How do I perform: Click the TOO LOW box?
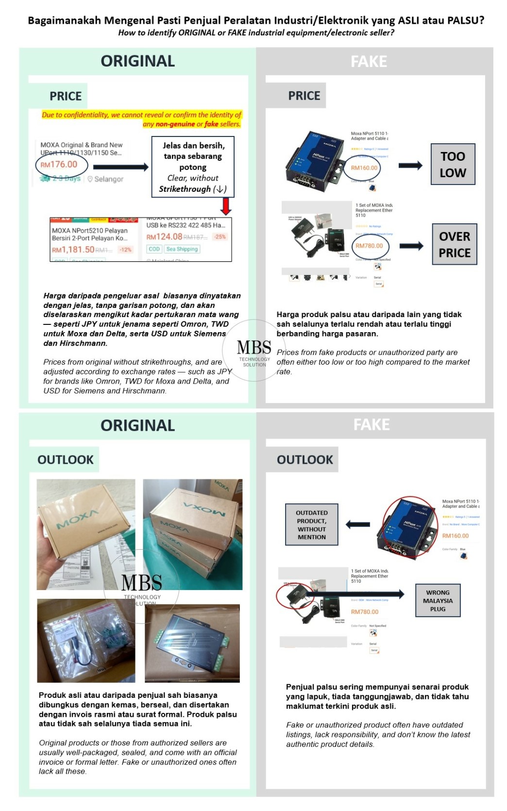tap(453, 164)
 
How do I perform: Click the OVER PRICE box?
tap(455, 244)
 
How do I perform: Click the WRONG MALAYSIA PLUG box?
tap(438, 600)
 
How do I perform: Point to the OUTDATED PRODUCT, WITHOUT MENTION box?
tap(311, 524)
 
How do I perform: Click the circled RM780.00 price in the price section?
tap(369, 246)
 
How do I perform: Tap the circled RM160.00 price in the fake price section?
tap(364, 168)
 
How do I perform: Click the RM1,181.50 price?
tap(73, 249)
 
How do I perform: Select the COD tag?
tap(154, 249)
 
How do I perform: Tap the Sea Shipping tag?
tap(182, 249)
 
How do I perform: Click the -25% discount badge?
tap(220, 237)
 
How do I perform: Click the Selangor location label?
tap(108, 179)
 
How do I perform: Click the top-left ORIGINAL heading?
tap(137, 61)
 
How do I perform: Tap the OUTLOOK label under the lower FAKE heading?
tap(304, 459)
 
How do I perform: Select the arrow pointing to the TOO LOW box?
tap(410, 165)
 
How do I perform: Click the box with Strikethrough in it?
tap(193, 167)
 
